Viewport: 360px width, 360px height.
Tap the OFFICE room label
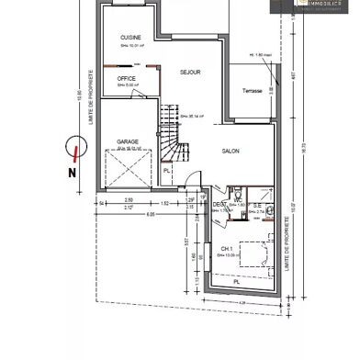coord(127,80)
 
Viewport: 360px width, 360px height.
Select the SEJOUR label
coord(190,72)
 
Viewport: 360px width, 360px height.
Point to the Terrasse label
coord(253,91)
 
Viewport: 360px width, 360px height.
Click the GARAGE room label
coord(127,142)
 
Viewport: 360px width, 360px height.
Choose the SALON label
coord(231,152)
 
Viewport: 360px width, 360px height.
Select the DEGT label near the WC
coord(219,205)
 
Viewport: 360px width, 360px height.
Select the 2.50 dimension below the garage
coord(129,199)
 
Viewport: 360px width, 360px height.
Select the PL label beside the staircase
coord(167,169)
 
